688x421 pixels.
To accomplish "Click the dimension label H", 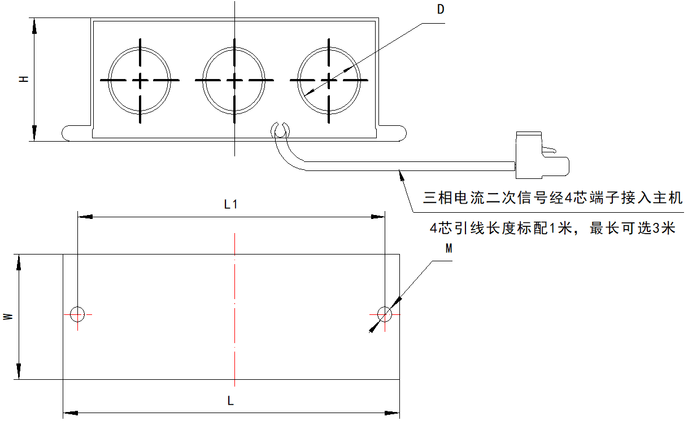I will [x=24, y=80].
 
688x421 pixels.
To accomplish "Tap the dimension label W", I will [x=8, y=317].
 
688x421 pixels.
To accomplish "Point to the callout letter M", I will [x=448, y=248].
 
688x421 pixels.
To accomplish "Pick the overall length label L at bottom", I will [x=230, y=401].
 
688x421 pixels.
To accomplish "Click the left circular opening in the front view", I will [x=140, y=80].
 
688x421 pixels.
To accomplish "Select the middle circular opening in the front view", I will [x=234, y=80].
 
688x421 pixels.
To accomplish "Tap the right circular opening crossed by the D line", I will [x=329, y=80].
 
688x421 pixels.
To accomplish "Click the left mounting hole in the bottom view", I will [x=77, y=313].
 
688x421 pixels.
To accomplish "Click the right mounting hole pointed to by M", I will [x=385, y=313].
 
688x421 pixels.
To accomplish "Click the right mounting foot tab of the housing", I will [x=393, y=132].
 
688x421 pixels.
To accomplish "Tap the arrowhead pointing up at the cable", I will [x=402, y=175].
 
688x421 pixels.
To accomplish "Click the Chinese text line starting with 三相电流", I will [x=553, y=198].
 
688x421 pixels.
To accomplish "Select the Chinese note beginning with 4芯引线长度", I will [x=552, y=229].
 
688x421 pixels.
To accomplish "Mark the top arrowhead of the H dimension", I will [x=34, y=24].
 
